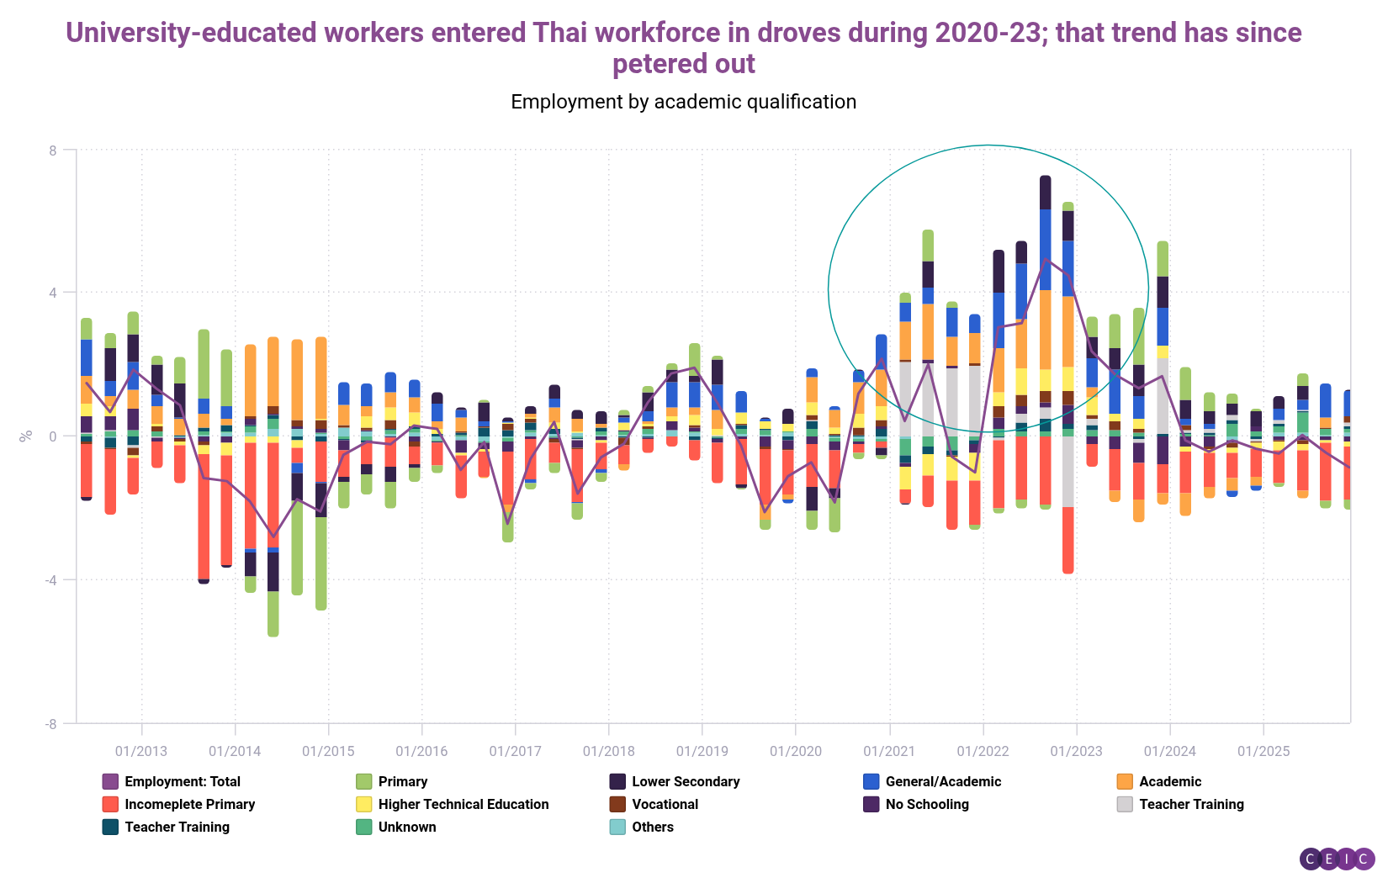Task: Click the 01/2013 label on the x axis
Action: click(x=141, y=751)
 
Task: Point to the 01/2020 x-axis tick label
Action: click(x=796, y=751)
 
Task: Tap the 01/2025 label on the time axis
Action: click(x=1264, y=751)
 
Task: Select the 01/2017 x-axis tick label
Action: click(x=516, y=751)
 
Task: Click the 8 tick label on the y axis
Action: click(x=53, y=151)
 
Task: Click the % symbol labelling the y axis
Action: click(x=26, y=436)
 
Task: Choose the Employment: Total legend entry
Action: click(x=182, y=782)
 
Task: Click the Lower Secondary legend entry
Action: click(x=685, y=782)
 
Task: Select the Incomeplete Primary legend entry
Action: click(x=189, y=805)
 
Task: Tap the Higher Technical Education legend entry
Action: click(x=463, y=805)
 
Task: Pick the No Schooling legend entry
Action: click(x=926, y=805)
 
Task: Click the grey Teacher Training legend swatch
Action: click(x=1125, y=805)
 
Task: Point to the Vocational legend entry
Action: click(x=665, y=805)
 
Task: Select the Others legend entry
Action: click(x=652, y=827)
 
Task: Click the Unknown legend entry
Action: click(x=406, y=827)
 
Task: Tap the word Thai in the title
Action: click(x=562, y=33)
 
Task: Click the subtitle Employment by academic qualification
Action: click(x=683, y=102)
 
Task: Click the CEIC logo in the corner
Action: click(x=1337, y=859)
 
